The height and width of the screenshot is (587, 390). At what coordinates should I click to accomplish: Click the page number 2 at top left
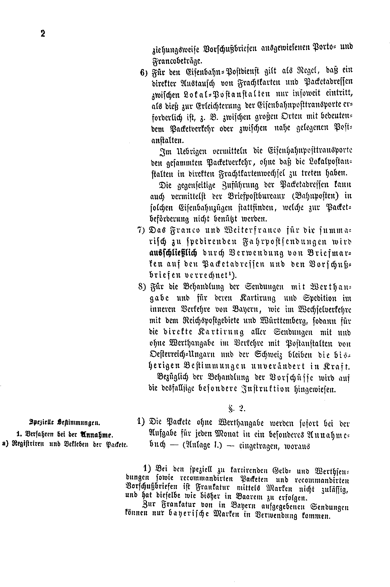(43, 34)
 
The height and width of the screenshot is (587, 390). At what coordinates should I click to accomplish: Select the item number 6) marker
(143, 73)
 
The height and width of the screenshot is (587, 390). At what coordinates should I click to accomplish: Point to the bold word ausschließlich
(173, 253)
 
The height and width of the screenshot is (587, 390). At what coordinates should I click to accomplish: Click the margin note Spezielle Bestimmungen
(65, 422)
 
